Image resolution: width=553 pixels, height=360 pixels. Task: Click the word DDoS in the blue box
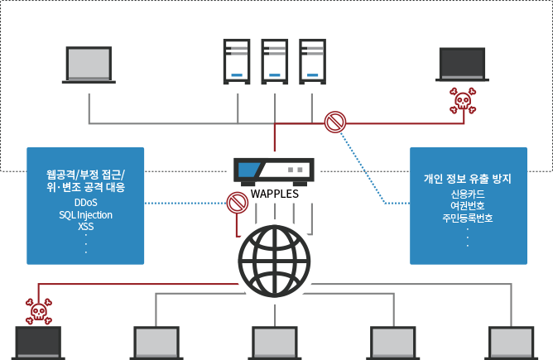(x=85, y=202)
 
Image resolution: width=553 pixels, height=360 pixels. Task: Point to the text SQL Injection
(x=85, y=214)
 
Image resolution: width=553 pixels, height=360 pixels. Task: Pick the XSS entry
(x=85, y=226)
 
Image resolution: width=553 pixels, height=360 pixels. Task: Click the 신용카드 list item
(x=468, y=194)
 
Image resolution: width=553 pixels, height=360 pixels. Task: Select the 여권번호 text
(x=468, y=206)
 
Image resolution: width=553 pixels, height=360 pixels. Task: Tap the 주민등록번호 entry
(x=468, y=218)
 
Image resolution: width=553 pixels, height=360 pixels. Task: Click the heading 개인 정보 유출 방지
(x=468, y=179)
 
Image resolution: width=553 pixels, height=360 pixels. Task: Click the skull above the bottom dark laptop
(x=38, y=310)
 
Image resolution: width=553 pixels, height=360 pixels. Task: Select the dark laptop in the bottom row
(x=38, y=343)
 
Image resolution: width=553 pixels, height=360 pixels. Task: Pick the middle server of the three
(x=274, y=60)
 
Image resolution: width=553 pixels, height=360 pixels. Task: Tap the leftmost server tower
(x=237, y=60)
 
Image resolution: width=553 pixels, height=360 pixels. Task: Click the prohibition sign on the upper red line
(x=334, y=123)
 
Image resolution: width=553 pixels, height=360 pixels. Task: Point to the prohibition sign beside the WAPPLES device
(x=238, y=201)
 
